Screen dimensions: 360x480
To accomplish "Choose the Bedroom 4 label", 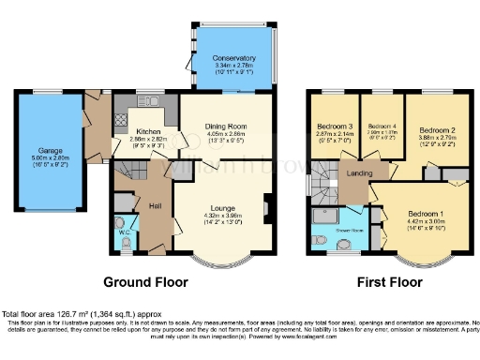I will (x=382, y=127).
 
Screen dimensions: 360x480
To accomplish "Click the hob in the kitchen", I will (x=120, y=119).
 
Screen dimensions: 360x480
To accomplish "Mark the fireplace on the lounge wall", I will (x=268, y=208).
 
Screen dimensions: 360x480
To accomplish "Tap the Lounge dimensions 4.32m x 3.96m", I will (x=222, y=216).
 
